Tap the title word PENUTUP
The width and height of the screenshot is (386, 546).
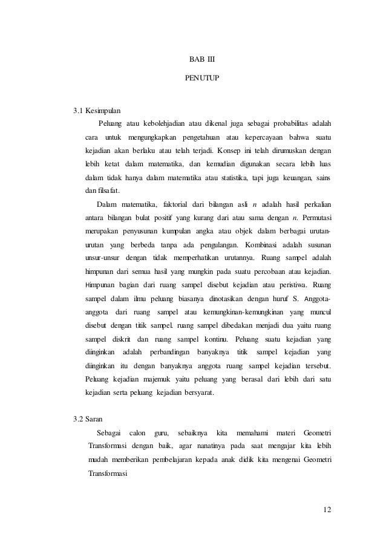tap(193, 79)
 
